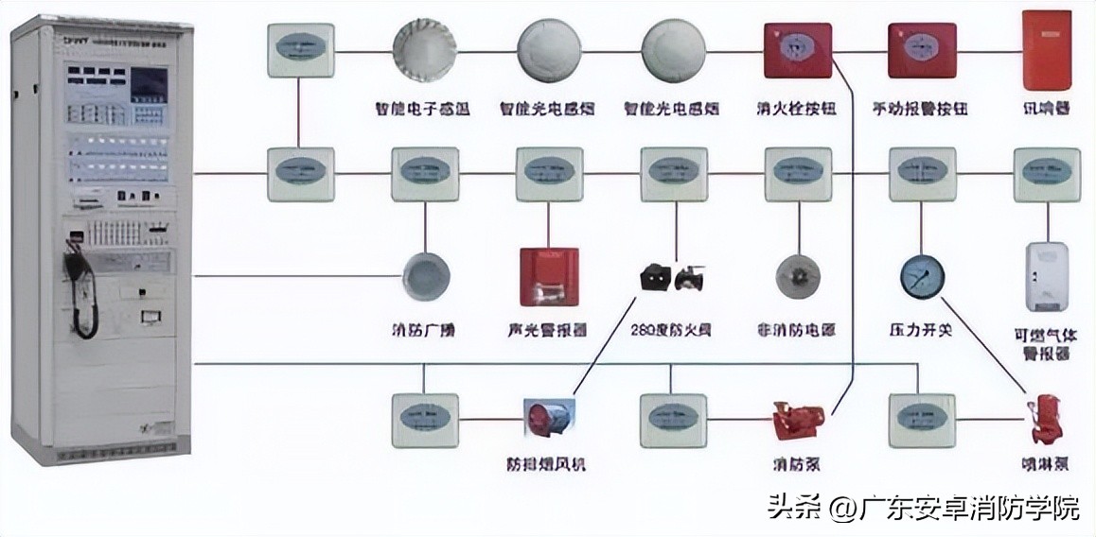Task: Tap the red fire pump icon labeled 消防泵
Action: [798, 420]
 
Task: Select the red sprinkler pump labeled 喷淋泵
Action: [1048, 422]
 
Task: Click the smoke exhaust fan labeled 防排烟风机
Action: [550, 420]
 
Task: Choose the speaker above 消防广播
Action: [425, 275]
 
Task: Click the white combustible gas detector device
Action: [1047, 277]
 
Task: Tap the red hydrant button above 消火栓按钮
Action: [798, 50]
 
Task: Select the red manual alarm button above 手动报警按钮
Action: [921, 50]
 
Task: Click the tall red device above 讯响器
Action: [1047, 50]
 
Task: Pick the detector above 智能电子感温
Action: [425, 50]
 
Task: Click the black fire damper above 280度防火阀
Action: [672, 277]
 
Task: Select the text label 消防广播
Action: [424, 331]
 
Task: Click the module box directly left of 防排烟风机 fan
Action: [425, 420]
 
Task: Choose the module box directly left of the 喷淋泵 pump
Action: [921, 420]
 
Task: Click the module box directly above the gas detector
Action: [1047, 174]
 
